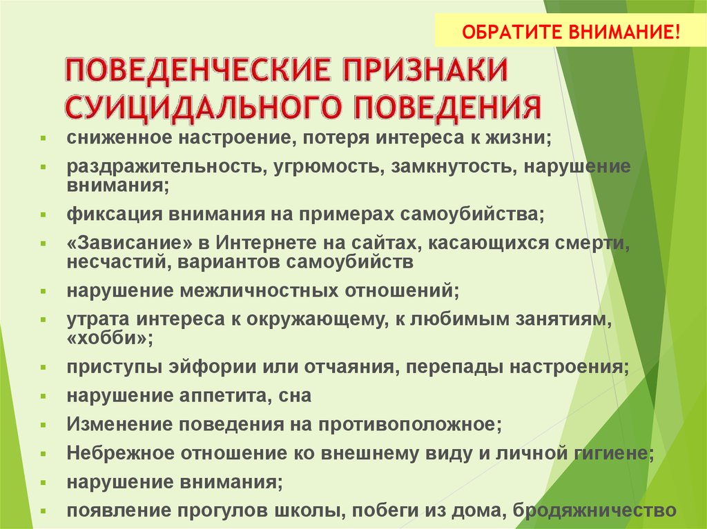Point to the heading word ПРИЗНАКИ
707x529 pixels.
(425, 70)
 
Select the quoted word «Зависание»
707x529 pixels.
(129, 243)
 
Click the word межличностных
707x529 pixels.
(259, 290)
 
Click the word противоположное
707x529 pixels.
(410, 424)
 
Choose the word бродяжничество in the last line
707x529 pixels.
(594, 510)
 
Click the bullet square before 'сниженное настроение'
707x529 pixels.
(43, 138)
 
